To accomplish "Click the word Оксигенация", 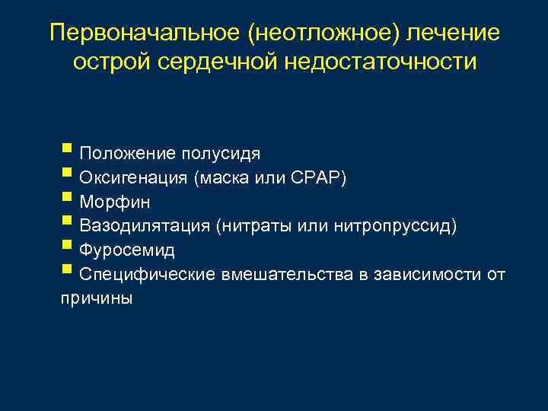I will pos(133,178).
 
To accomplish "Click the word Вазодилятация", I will pos(144,226).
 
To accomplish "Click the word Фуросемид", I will pos(127,250).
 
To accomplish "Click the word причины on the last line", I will pos(96,298).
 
